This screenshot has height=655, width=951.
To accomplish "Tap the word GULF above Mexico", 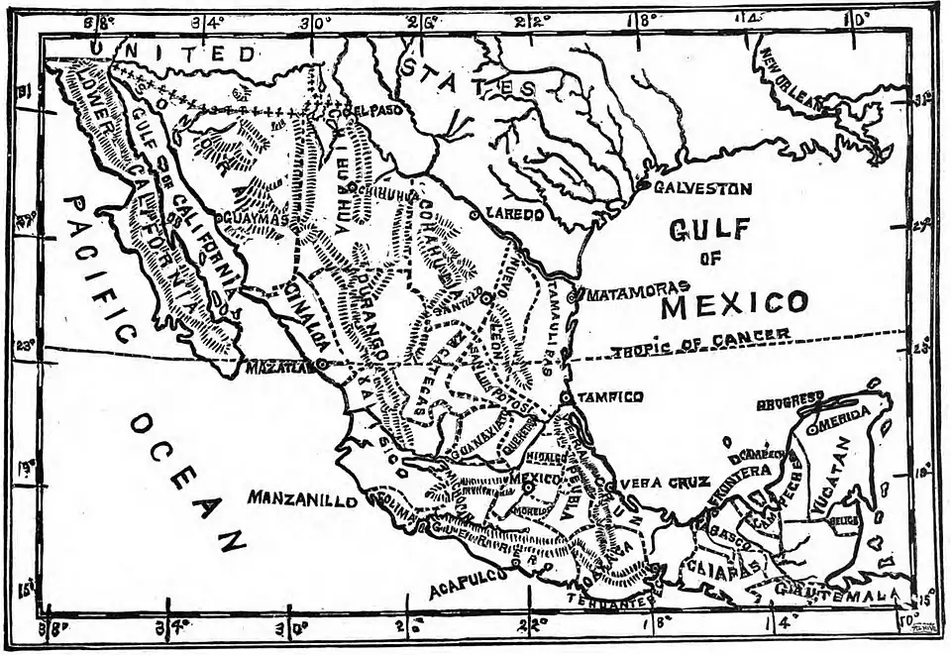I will point(709,230).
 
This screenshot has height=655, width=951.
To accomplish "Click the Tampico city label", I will point(610,396).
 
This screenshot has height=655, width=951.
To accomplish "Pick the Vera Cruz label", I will point(665,483).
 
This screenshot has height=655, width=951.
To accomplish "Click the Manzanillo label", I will point(302,499).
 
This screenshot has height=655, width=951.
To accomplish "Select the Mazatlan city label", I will point(278,366).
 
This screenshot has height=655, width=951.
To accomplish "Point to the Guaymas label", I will point(255,217).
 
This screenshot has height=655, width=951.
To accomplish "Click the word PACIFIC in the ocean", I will point(99,268).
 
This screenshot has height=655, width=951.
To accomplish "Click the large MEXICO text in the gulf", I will point(734,302).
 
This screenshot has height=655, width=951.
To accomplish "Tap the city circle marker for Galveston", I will point(643,185).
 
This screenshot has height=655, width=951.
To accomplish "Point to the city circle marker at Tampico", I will point(565,396).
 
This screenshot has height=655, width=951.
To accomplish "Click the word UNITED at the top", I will point(172,51).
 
